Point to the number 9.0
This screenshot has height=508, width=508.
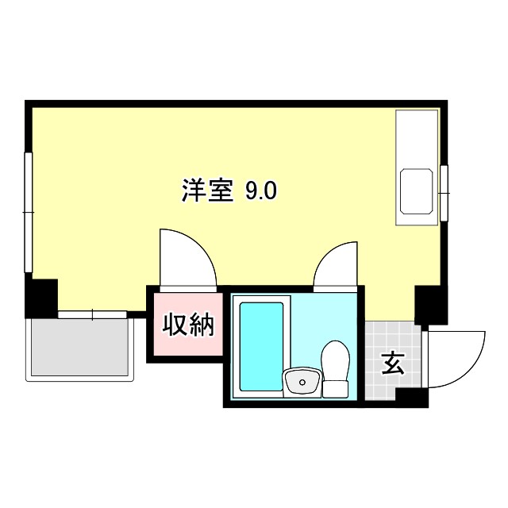point(260,191)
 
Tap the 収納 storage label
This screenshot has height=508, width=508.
point(190,325)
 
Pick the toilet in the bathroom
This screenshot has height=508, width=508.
point(335,361)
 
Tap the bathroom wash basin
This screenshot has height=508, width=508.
point(302,382)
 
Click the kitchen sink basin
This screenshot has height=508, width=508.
point(417,190)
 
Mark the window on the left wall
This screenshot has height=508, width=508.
point(28,213)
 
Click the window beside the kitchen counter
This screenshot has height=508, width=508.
point(444,191)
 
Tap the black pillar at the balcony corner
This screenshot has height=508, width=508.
point(41,298)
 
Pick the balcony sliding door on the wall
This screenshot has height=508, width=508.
point(92,315)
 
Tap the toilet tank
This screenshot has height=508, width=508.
point(335,388)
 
